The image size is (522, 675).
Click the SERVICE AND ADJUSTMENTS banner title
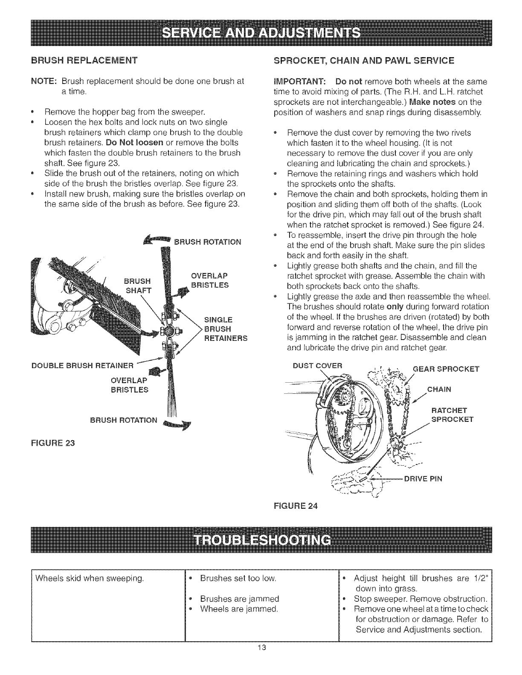[x=261, y=32]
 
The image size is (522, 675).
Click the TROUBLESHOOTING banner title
[x=261, y=540]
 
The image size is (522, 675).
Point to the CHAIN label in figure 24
[x=439, y=388]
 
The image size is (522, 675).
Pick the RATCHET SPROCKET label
[x=452, y=415]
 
